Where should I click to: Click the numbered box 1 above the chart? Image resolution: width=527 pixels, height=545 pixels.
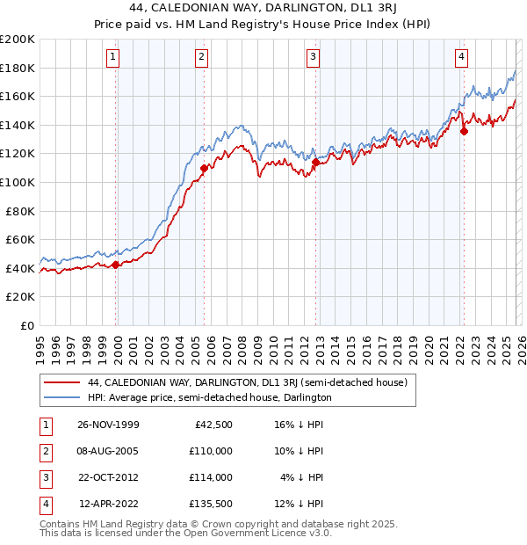(x=114, y=57)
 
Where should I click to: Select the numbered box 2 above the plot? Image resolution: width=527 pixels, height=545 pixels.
(x=202, y=57)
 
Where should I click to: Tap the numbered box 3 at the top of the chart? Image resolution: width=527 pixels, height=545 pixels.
(x=314, y=57)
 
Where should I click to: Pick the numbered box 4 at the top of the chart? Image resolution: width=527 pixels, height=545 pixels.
(x=461, y=57)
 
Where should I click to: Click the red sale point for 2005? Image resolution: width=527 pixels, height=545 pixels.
(x=204, y=168)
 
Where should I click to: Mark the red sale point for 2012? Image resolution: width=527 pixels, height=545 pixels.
(x=315, y=162)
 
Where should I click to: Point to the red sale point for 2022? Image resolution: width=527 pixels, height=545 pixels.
(x=463, y=132)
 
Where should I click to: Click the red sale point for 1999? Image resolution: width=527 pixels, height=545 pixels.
(x=115, y=265)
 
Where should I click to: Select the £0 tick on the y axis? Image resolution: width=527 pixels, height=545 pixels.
(x=26, y=325)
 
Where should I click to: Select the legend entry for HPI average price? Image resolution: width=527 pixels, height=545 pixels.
(x=209, y=397)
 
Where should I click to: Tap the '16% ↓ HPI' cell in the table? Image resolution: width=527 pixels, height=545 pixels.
(x=299, y=424)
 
